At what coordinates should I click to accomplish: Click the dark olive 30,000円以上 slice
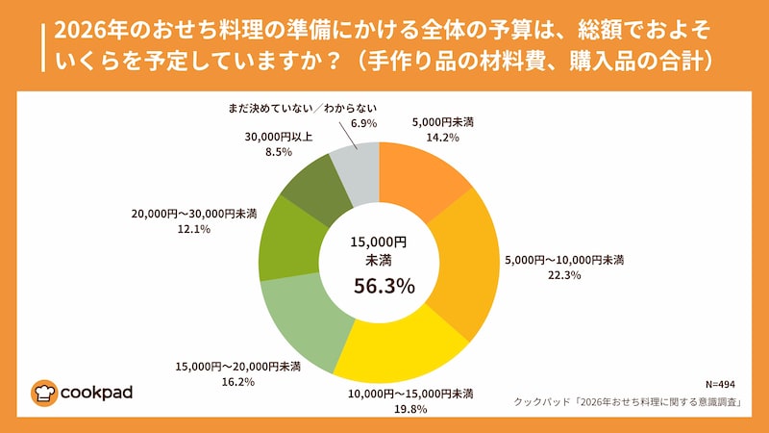pos(313,185)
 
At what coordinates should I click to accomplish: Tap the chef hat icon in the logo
pos(45,392)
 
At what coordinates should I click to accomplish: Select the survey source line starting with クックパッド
pos(625,402)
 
